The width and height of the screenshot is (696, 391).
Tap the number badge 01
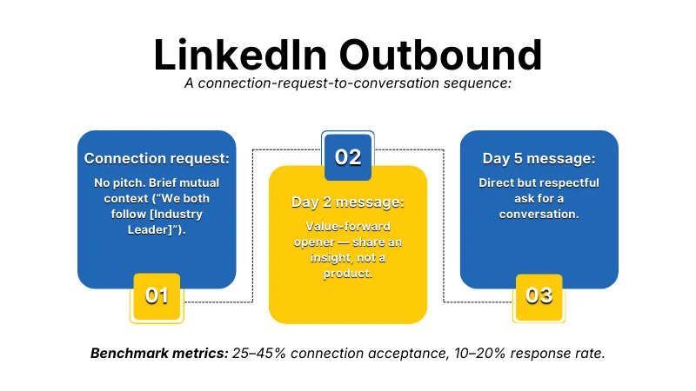157,295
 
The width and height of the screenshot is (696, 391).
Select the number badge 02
348,156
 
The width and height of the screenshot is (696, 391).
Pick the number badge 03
539,295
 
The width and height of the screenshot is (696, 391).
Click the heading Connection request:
157,159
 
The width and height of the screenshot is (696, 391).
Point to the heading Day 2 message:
348,202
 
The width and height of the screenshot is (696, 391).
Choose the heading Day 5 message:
539,159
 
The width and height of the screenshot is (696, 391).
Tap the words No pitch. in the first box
117,183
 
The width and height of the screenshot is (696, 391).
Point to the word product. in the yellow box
348,273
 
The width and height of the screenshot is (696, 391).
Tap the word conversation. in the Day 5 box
539,213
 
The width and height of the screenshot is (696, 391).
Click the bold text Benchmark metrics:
157,354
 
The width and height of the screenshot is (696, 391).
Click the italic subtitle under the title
348,83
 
